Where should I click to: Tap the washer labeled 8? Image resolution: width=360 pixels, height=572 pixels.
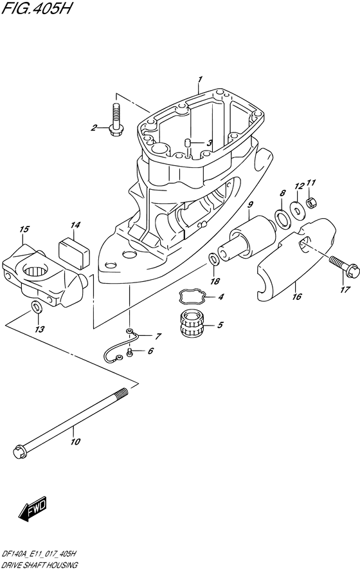point(282,219)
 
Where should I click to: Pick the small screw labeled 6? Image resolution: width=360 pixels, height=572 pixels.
point(130,352)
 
